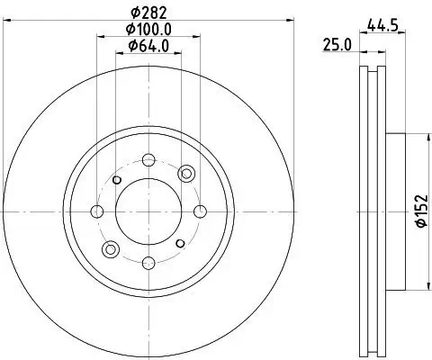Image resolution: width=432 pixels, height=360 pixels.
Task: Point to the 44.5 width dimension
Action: tap(382, 25)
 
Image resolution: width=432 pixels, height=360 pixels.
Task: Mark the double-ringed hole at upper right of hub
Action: tap(186, 173)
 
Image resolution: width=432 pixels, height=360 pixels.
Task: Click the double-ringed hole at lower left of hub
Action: tap(111, 249)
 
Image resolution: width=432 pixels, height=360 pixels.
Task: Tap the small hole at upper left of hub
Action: tap(117, 180)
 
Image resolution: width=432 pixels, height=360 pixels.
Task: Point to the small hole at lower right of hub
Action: tap(180, 243)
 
